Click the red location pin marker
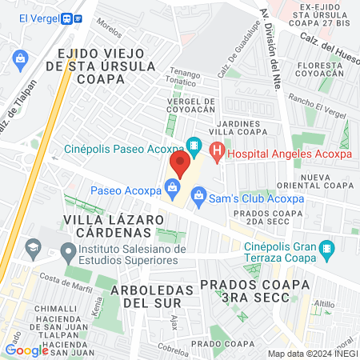point(179,164)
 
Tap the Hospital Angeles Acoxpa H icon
point(215,149)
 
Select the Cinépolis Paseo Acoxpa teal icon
point(193,146)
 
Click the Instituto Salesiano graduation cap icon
point(32,250)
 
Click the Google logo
point(26,350)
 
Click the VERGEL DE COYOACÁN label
point(191,107)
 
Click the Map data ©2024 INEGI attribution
point(312,354)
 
